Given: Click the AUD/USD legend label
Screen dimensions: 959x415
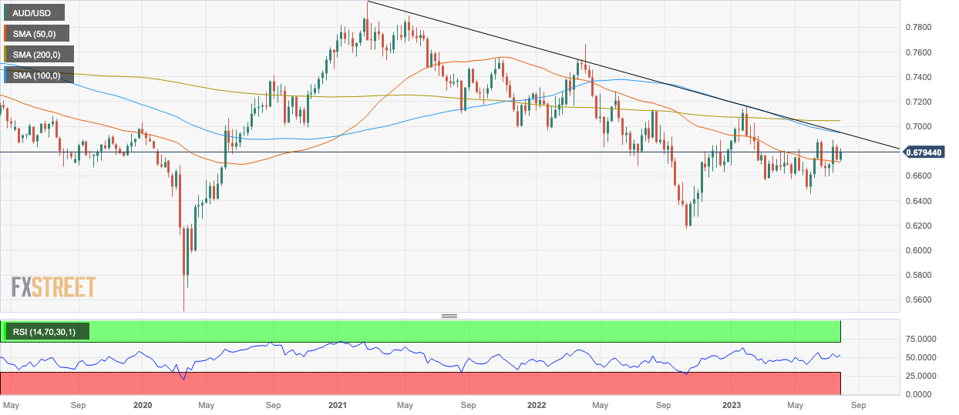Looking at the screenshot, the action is pyautogui.click(x=34, y=13).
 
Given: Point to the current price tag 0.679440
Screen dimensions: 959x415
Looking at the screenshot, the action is pyautogui.click(x=924, y=152).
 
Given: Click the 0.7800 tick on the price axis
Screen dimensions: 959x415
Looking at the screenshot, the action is pyautogui.click(x=919, y=27).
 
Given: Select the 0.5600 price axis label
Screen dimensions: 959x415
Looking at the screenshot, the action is pyautogui.click(x=919, y=300).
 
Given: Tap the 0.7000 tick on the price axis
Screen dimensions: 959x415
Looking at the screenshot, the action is pyautogui.click(x=919, y=126).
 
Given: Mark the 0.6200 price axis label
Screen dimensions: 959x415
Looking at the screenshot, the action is pyautogui.click(x=919, y=226).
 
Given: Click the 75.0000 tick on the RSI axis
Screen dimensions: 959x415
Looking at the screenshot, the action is pyautogui.click(x=921, y=339).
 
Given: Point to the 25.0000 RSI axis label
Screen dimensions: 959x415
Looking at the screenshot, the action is pyautogui.click(x=921, y=376).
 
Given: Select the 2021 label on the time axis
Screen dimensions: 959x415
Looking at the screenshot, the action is pyautogui.click(x=338, y=405).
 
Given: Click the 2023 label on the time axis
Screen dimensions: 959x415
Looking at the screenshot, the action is pyautogui.click(x=732, y=405).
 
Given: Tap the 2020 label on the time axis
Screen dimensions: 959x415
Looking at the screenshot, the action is pyautogui.click(x=143, y=405).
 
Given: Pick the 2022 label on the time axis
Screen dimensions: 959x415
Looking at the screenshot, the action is pyautogui.click(x=537, y=405).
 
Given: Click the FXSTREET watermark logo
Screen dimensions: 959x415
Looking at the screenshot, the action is pyautogui.click(x=53, y=286).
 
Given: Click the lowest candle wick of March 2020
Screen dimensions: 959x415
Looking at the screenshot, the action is pyautogui.click(x=184, y=300).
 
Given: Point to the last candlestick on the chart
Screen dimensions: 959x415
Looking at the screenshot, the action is pyautogui.click(x=841, y=155).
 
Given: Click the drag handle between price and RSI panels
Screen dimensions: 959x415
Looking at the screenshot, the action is pyautogui.click(x=449, y=316).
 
